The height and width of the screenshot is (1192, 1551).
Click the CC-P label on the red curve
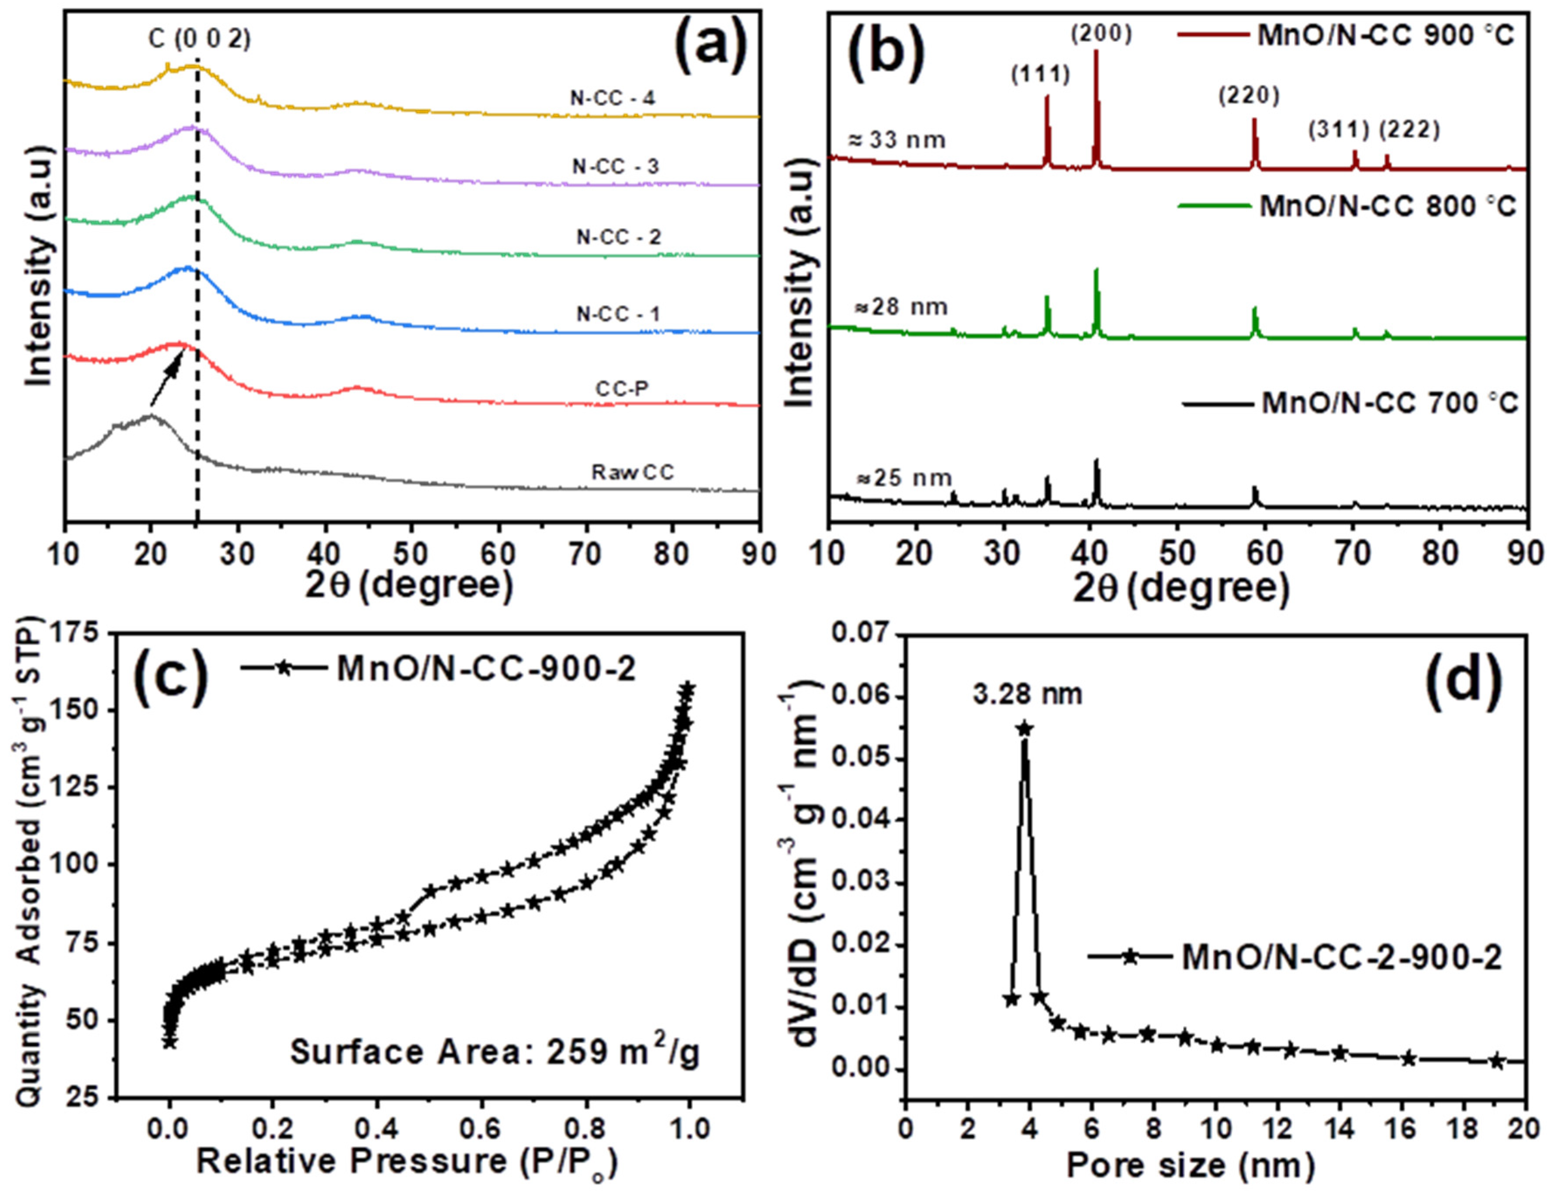click(622, 389)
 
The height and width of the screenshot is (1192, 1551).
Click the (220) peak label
click(1249, 95)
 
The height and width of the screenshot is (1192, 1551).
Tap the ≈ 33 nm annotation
click(897, 140)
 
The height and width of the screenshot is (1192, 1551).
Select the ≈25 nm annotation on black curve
click(904, 478)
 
